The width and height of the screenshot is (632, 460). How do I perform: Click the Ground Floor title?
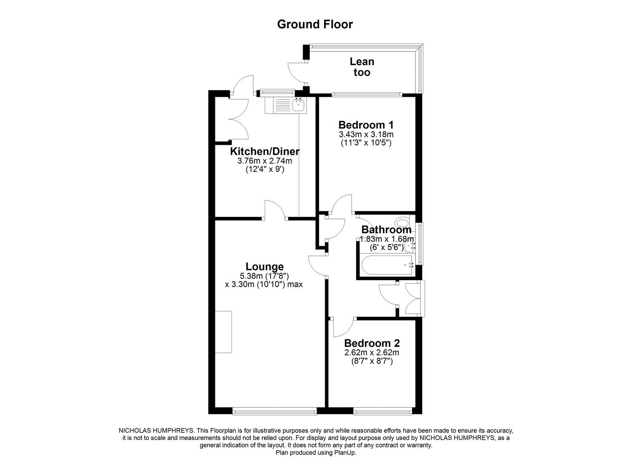click(315, 24)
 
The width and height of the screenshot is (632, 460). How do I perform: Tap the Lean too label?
click(362, 67)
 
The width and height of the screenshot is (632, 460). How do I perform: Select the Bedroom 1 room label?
click(366, 125)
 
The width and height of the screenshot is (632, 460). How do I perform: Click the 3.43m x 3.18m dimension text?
click(366, 135)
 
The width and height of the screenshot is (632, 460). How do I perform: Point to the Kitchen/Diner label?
click(265, 151)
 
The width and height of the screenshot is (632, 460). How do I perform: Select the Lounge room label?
click(265, 267)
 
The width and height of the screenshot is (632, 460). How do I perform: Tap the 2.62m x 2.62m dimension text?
click(372, 353)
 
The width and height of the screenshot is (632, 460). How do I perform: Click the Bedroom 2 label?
click(372, 343)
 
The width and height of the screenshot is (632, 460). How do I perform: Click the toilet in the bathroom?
click(401, 222)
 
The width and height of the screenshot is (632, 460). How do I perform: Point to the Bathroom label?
click(386, 230)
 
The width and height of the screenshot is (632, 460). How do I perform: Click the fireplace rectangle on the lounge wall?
click(223, 332)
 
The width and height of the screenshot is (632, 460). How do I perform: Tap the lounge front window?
click(275, 411)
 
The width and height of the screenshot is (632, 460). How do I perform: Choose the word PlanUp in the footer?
click(343, 452)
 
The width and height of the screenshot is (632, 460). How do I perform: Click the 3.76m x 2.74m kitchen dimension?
click(265, 161)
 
